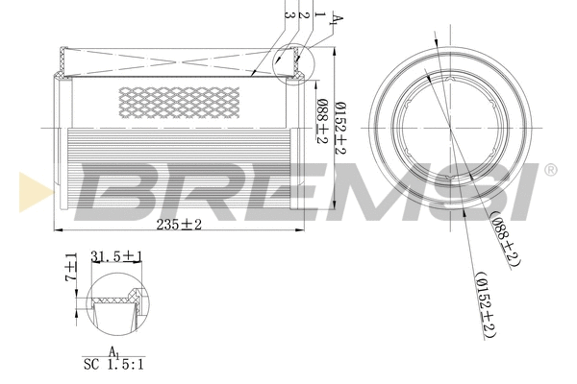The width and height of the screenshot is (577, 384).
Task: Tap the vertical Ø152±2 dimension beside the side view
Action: [340, 129]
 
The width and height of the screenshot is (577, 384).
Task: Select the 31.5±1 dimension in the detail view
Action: [116, 256]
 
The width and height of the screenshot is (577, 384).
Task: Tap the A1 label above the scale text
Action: [113, 351]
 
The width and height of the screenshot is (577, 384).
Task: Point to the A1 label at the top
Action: [337, 18]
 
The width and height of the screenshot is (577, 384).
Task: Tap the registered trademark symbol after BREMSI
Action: [550, 170]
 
